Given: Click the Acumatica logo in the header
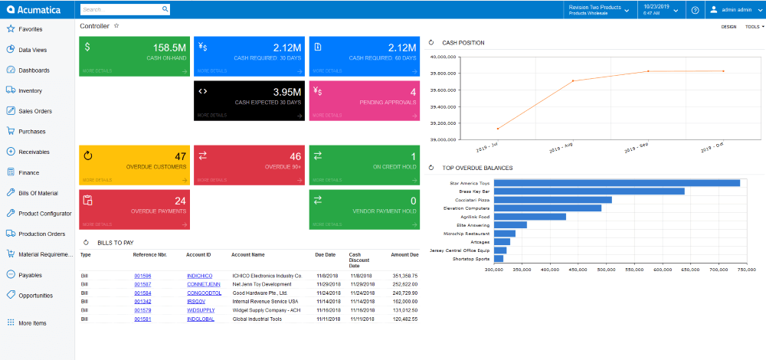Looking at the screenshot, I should pos(37,10).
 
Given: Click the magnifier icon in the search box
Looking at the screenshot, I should pos(165,10).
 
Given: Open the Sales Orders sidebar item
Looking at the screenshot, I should pos(34,111).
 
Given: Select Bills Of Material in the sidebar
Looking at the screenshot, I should pos(38,193).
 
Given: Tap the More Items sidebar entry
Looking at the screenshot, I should pos(32,323).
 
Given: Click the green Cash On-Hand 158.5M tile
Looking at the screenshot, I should pos(134,55).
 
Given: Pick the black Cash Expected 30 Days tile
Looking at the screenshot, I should pos(249,100).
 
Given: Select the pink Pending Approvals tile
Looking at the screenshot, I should pos(365,100).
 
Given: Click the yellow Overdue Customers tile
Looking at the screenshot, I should pos(134,164).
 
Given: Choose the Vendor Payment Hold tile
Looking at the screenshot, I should pos(365,208).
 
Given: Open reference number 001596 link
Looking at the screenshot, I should pos(142,275).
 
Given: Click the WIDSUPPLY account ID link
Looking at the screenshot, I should pos(200,310).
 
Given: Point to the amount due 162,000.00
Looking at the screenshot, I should pos(405,302).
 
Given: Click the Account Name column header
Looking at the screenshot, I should pos(247,254).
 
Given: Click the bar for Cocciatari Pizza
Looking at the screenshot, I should pos(552,200).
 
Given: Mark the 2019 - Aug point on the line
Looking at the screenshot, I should pos(572,80).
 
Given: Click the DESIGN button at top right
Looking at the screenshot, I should pos(728,26).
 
